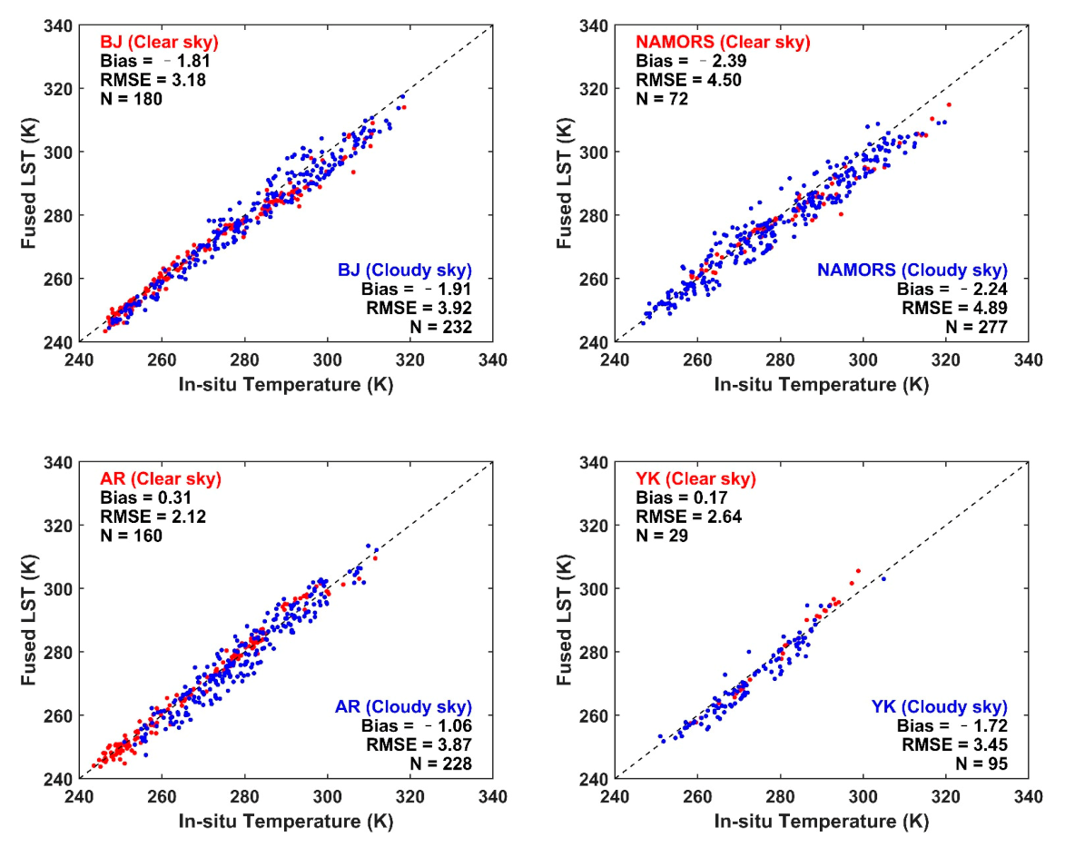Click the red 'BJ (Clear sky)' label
(x=159, y=42)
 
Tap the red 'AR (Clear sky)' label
(x=160, y=479)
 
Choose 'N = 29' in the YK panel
(x=662, y=537)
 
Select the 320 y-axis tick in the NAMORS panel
(x=596, y=89)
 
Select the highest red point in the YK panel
(x=858, y=571)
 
